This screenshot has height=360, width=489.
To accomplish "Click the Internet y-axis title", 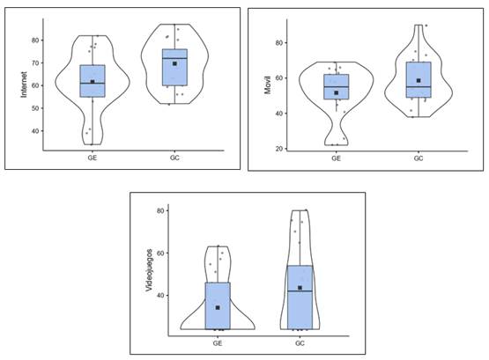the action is (24, 84).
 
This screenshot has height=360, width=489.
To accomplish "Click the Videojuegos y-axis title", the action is (149, 270).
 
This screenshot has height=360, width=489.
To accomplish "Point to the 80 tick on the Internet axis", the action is (35, 40).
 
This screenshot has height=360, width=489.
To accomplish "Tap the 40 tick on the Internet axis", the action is (35, 131).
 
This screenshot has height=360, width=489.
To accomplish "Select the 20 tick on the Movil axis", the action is (279, 149).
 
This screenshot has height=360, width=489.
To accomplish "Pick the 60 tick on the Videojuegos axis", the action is (160, 253).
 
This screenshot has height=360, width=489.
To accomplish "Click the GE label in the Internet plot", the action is (93, 158).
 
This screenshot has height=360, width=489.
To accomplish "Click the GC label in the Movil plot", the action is (419, 158).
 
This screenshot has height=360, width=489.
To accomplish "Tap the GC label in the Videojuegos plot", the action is (300, 343).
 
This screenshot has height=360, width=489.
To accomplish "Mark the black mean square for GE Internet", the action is (93, 82).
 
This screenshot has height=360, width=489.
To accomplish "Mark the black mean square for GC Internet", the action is (174, 63).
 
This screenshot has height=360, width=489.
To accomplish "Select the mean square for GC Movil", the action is (419, 81).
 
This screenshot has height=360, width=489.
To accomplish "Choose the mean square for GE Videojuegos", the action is (218, 308).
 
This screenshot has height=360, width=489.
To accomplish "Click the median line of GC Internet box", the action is (174, 58).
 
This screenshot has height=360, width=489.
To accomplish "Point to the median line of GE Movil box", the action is (337, 86).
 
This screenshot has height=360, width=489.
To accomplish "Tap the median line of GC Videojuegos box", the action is (300, 290).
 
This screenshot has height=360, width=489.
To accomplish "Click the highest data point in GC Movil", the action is (426, 26).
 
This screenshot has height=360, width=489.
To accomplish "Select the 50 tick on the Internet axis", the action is (35, 108).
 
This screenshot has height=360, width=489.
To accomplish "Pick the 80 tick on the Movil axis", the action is (279, 42).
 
